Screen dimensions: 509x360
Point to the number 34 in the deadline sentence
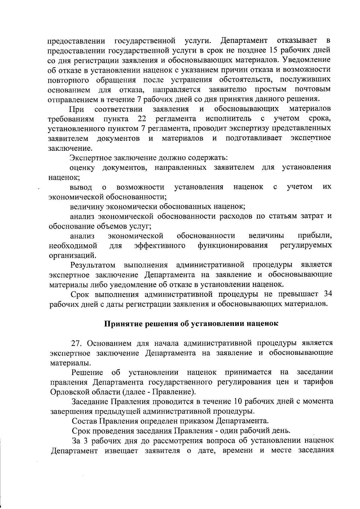tap(328, 294)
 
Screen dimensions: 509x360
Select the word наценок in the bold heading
tap(261, 324)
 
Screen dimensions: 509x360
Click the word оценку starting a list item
tap(82, 168)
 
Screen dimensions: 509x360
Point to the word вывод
tap(81, 187)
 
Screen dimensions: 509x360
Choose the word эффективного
tap(159, 246)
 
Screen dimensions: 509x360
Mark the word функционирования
tap(232, 246)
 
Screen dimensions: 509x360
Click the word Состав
tap(83, 421)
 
